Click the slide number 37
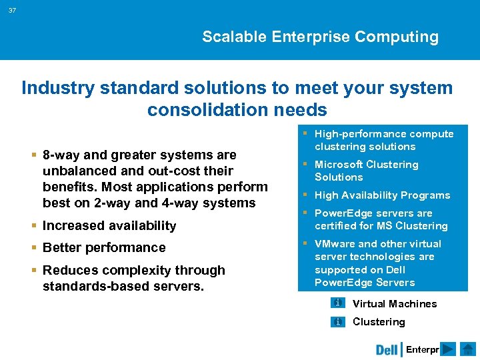point(13,10)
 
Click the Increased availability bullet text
point(109,225)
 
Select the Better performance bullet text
point(103,247)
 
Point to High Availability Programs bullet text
point(382,195)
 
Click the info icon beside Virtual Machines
point(338,303)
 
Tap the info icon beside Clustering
point(338,322)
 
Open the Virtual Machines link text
point(394,304)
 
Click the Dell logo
point(387,349)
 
